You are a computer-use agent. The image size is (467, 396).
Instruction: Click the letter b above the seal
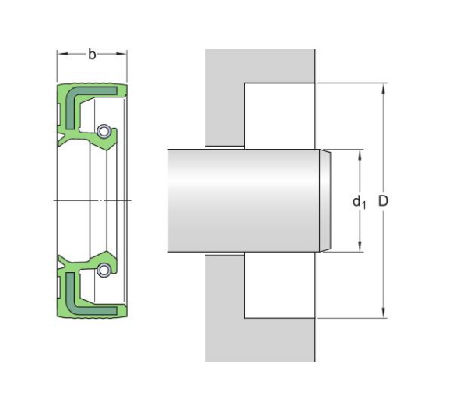(x=92, y=55)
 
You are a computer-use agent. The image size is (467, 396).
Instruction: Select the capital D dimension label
(x=383, y=201)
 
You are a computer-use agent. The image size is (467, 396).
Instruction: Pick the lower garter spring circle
(x=104, y=270)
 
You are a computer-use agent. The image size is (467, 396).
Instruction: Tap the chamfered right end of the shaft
(x=325, y=200)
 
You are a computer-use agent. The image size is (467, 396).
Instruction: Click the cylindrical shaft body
(x=241, y=200)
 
